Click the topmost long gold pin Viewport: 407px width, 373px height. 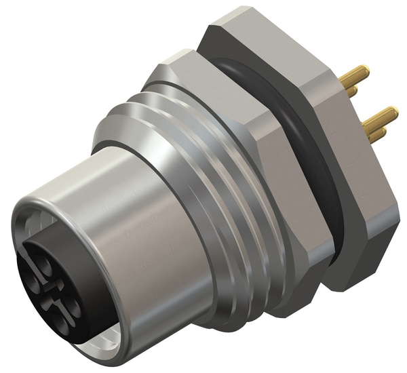pos(355,75)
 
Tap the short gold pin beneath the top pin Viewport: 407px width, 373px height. pos(352,91)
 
